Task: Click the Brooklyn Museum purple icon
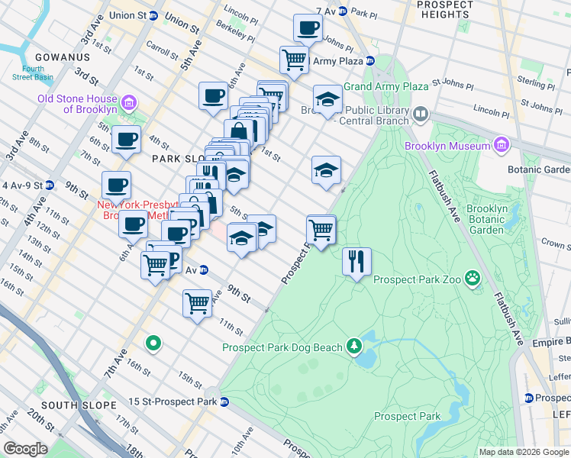coord(501,144)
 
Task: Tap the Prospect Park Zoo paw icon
coord(473,279)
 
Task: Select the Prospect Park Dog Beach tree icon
coord(353,347)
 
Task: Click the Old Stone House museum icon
coord(128,102)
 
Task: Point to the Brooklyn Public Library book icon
coord(420,114)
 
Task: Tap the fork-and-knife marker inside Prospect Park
coord(356,262)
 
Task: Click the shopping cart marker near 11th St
coord(197,303)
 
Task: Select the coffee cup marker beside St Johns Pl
coord(308,28)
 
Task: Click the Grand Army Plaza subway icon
coord(371,61)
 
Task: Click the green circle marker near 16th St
coord(153,343)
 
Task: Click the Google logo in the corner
coord(25,449)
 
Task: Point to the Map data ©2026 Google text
coord(523,452)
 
